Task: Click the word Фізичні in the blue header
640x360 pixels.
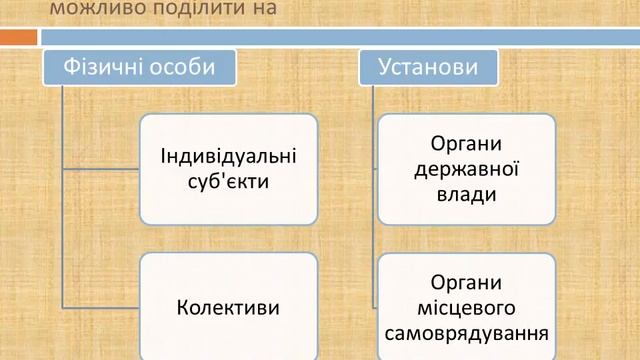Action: pyautogui.click(x=101, y=68)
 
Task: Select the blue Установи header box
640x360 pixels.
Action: pyautogui.click(x=427, y=68)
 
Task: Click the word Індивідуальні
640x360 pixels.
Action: pyautogui.click(x=229, y=157)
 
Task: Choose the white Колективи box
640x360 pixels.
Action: pyautogui.click(x=229, y=305)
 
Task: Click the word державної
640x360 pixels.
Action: pyautogui.click(x=467, y=168)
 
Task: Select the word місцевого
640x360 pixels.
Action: pyautogui.click(x=467, y=305)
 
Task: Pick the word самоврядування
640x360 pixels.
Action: pyautogui.click(x=467, y=331)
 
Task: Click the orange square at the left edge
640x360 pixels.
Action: pyautogui.click(x=18, y=37)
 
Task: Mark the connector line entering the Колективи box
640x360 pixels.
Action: pyautogui.click(x=100, y=305)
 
